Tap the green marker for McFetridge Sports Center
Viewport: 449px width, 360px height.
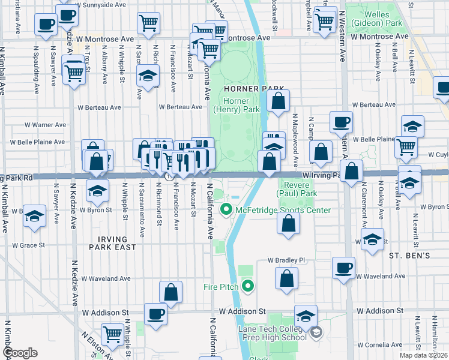(x=226, y=210)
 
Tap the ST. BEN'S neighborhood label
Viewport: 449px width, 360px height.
(x=409, y=256)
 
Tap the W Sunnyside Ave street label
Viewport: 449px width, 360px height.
(x=108, y=4)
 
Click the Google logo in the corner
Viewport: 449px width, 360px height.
(x=19, y=353)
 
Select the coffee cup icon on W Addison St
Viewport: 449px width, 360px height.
(x=156, y=314)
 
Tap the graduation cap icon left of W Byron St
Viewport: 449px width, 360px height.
(x=35, y=215)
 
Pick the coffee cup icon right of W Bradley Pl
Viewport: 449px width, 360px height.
(x=344, y=268)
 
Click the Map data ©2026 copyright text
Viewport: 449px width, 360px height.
(x=424, y=355)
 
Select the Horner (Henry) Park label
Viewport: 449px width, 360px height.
(x=237, y=106)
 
